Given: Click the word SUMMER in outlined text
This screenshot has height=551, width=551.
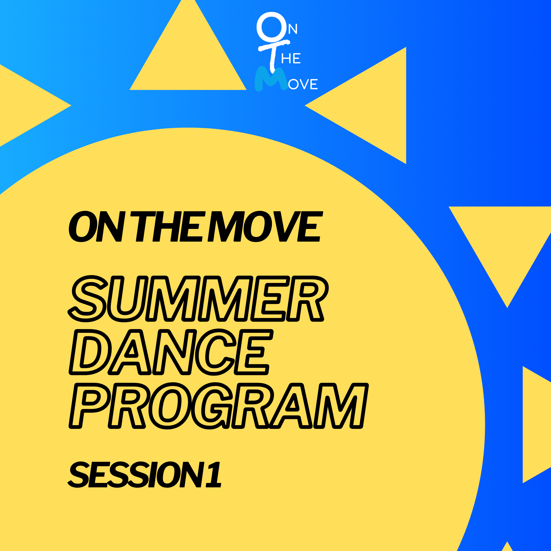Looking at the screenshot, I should (198, 299).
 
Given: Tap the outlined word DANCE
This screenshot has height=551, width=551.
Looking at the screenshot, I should (171, 352).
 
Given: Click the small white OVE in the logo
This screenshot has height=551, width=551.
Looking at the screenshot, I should (303, 84).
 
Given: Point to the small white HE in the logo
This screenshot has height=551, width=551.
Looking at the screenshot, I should (291, 58).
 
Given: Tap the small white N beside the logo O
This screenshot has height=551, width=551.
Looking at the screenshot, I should (293, 29).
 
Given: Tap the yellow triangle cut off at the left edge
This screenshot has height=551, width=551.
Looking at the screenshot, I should (26, 106).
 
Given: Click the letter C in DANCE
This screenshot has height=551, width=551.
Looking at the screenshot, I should (217, 352).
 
